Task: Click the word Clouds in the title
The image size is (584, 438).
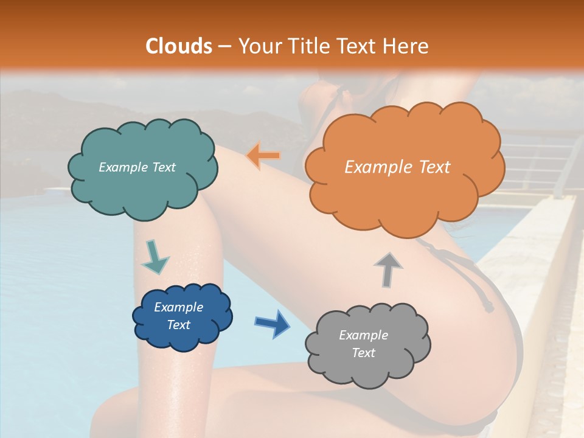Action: point(178,46)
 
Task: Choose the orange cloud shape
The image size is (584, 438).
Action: point(405,195)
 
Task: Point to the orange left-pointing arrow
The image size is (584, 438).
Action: point(263,156)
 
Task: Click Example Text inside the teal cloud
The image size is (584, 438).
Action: point(137,167)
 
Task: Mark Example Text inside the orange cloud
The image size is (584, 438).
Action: point(397,167)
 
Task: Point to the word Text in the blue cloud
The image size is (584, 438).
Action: point(178,325)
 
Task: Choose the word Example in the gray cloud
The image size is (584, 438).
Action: point(363,335)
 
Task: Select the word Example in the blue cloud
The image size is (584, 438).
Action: point(178,307)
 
